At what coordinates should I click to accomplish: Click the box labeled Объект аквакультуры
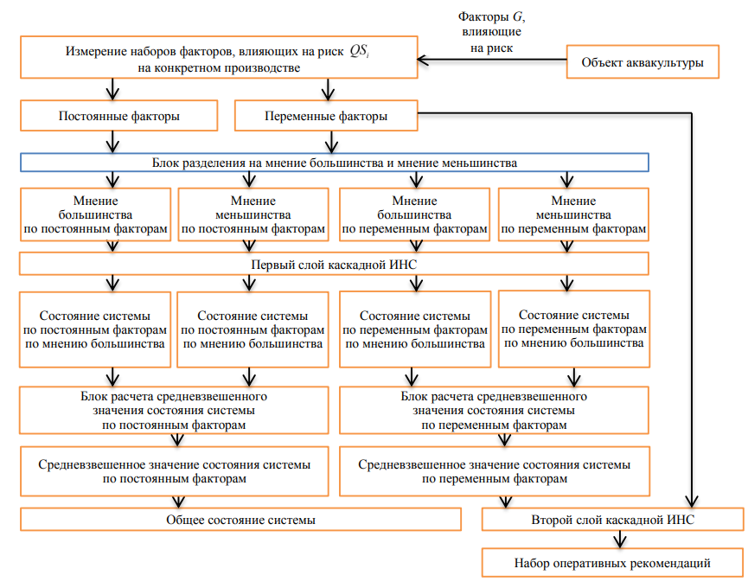tap(642, 62)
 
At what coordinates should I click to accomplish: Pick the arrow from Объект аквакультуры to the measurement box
tap(491, 61)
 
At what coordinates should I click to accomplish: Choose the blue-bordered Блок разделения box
tap(335, 163)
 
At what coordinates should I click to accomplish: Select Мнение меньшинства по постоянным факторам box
tap(253, 214)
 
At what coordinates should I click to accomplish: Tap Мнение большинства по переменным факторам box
tap(415, 214)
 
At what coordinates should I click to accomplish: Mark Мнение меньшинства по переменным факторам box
tap(573, 214)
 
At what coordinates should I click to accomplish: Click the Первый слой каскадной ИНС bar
tap(335, 263)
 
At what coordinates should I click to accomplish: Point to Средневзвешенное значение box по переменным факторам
tap(494, 470)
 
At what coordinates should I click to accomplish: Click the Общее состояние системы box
tap(240, 520)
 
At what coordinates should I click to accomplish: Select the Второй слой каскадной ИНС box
tap(612, 520)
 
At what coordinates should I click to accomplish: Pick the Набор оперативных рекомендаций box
tap(612, 564)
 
